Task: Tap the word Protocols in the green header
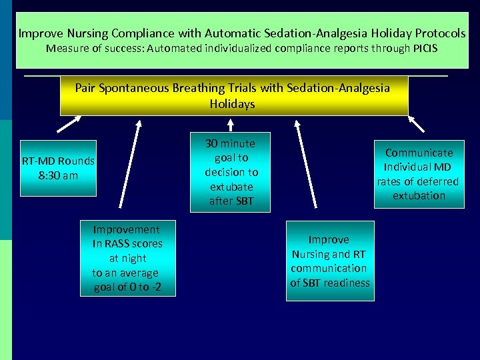(440, 32)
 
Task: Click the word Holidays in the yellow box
(232, 104)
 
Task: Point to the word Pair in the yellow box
(86, 87)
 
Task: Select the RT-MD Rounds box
(58, 168)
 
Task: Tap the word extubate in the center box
(229, 186)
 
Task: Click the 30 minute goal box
(230, 172)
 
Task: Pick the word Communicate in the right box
(419, 152)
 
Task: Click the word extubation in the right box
(419, 195)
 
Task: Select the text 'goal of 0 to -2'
(126, 287)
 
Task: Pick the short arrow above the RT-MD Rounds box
(69, 125)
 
